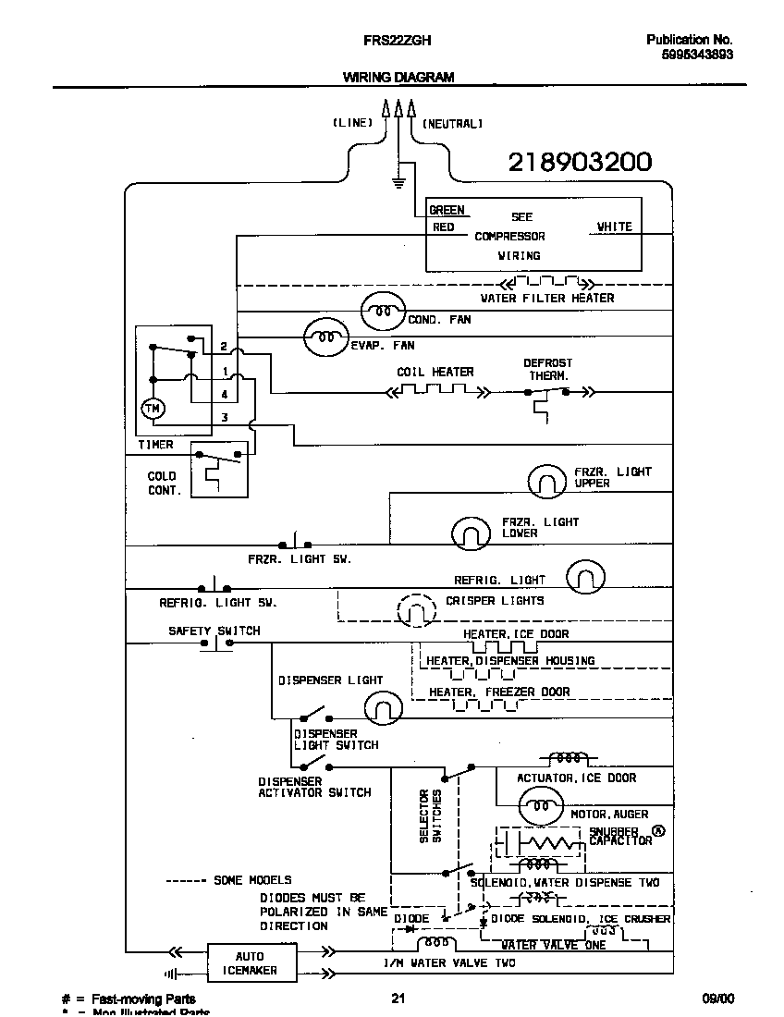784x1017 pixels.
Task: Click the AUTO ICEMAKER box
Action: click(x=250, y=963)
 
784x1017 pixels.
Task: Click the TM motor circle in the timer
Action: click(x=151, y=408)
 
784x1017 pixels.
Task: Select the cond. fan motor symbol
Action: click(x=382, y=312)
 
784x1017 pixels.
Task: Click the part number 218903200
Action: click(x=580, y=163)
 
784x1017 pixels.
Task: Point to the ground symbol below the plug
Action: click(x=398, y=181)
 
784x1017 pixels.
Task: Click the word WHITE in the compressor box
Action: click(x=614, y=227)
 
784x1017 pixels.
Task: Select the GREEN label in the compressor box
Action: click(x=447, y=211)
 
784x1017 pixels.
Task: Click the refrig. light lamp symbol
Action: click(x=585, y=577)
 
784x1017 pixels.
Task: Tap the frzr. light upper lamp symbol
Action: click(x=546, y=481)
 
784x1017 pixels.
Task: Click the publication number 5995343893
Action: click(x=697, y=55)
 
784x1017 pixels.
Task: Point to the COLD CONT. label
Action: click(x=165, y=484)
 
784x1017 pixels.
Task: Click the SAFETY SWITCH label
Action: click(x=214, y=631)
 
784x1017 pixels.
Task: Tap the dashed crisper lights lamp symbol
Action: click(x=416, y=609)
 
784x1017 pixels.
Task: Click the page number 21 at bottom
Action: click(x=398, y=999)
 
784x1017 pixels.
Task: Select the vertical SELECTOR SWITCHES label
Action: click(x=430, y=815)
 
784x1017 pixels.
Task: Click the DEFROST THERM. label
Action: click(x=548, y=370)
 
